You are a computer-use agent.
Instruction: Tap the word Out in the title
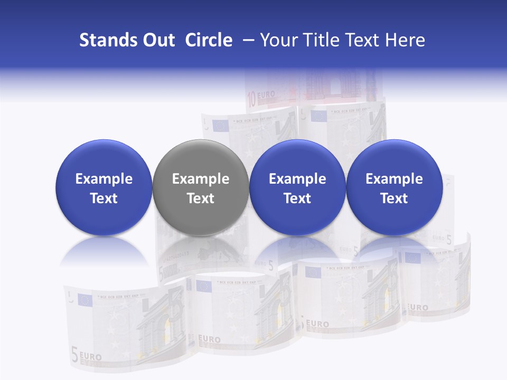pos(157,40)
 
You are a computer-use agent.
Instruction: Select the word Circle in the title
pos(209,40)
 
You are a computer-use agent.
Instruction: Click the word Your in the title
pos(278,40)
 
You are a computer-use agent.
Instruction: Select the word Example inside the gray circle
pos(201,179)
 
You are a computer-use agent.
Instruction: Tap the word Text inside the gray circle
pos(201,198)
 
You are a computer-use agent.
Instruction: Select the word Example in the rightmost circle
pos(394,179)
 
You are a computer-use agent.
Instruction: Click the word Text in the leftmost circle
pos(104,198)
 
